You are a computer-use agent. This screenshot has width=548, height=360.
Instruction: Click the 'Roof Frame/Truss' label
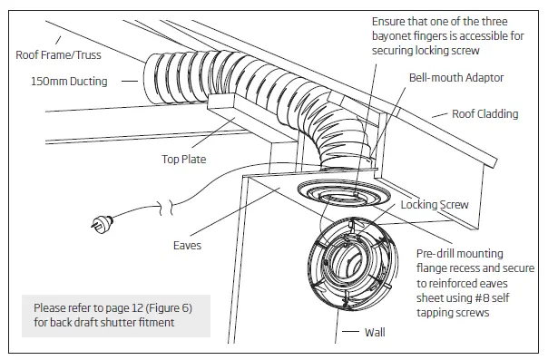(x=60, y=54)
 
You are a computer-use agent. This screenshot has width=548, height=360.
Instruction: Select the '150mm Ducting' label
(x=62, y=82)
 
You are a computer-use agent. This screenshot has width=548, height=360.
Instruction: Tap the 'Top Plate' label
(x=183, y=160)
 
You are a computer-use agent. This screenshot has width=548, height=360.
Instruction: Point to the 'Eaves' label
(x=187, y=246)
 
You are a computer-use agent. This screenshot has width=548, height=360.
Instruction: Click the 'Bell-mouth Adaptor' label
(x=455, y=79)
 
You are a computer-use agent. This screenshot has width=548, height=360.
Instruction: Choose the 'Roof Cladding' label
(x=485, y=115)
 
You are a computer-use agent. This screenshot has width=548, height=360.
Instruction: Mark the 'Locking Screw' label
(x=435, y=205)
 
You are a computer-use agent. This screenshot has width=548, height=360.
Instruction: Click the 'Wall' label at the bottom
(x=374, y=333)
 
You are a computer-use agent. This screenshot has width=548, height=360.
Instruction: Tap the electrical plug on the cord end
(x=98, y=221)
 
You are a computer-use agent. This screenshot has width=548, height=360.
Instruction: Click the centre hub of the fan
(x=350, y=268)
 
